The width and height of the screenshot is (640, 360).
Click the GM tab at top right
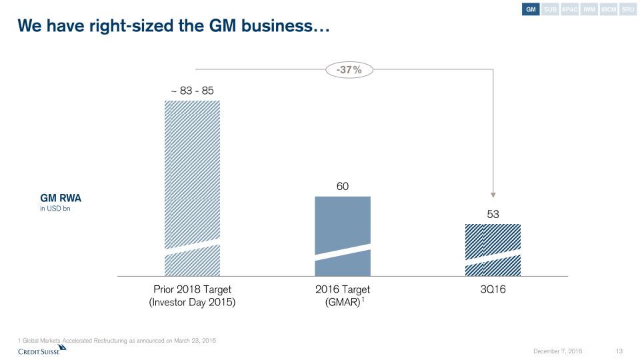tap(531, 10)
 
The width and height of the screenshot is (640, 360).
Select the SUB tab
tap(550, 10)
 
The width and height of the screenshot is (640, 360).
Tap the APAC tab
tap(569, 10)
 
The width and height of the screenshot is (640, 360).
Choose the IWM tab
tap(589, 10)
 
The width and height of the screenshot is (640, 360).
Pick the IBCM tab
tap(609, 10)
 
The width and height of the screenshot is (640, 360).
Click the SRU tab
tap(628, 10)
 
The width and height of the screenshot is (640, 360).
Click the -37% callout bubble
tap(349, 69)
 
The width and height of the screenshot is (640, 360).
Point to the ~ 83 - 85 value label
tap(192, 90)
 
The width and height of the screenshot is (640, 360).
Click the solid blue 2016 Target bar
tap(342, 227)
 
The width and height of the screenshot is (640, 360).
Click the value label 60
tap(342, 187)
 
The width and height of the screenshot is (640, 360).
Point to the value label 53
tap(493, 215)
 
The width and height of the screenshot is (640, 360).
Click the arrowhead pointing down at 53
tap(493, 195)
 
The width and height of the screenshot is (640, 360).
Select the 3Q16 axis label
tap(493, 290)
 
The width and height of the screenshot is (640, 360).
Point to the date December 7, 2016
tap(559, 351)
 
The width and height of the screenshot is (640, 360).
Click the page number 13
tap(619, 351)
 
